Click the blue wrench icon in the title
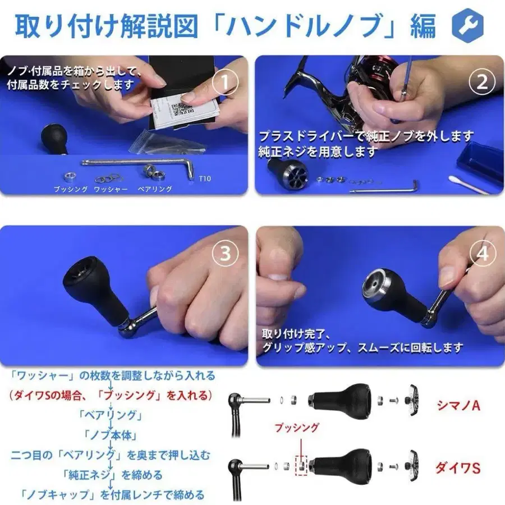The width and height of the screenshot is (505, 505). click(x=467, y=25)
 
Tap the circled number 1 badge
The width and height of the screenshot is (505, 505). click(x=224, y=82)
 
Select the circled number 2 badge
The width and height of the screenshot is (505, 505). click(x=481, y=82)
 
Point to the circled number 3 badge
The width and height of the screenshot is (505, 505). click(x=224, y=254)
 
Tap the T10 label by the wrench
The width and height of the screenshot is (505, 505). click(x=205, y=179)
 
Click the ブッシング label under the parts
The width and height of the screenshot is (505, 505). click(x=70, y=189)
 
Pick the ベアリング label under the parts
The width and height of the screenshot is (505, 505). click(x=154, y=189)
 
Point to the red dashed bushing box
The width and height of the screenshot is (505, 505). click(x=301, y=464)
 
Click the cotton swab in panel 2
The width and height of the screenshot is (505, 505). click(x=468, y=185)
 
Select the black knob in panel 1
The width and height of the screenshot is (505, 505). click(x=53, y=138)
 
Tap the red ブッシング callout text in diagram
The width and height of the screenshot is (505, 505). click(x=296, y=428)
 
